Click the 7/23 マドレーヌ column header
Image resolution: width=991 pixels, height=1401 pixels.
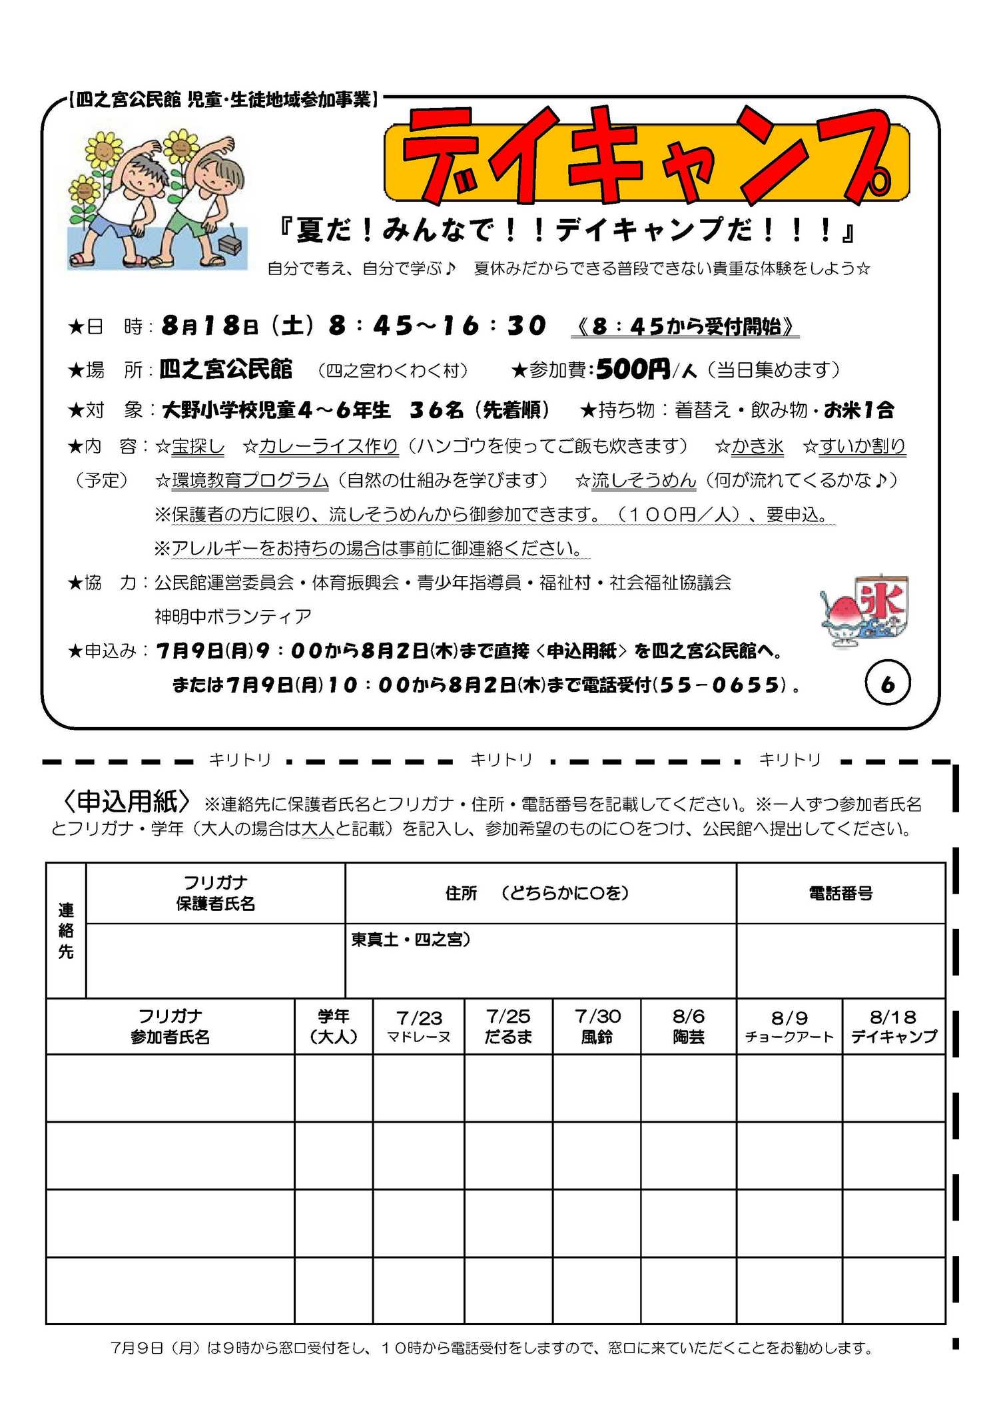(418, 1026)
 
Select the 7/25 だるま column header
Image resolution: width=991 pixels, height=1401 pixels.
(508, 1026)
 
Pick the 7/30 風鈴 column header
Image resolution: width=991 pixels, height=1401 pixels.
(597, 1026)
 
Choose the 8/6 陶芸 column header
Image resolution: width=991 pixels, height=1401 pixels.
(688, 1026)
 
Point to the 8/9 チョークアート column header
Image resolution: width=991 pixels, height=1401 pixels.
(789, 1026)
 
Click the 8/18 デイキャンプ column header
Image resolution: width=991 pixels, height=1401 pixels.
(894, 1026)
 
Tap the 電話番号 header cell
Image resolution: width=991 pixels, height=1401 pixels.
(840, 893)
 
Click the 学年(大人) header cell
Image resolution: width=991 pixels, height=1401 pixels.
(334, 1026)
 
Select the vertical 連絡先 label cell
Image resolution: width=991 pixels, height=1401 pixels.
(66, 930)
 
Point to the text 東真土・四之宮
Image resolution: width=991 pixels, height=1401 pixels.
(410, 940)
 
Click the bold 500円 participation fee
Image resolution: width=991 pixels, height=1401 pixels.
(633, 369)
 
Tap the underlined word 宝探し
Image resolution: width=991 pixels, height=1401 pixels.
(198, 446)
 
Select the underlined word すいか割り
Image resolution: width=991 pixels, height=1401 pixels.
(862, 446)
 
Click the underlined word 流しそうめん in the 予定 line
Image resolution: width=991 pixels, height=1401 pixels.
(643, 480)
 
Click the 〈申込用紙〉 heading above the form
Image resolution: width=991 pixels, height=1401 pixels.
(127, 802)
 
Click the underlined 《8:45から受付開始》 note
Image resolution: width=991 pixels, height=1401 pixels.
(685, 326)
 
